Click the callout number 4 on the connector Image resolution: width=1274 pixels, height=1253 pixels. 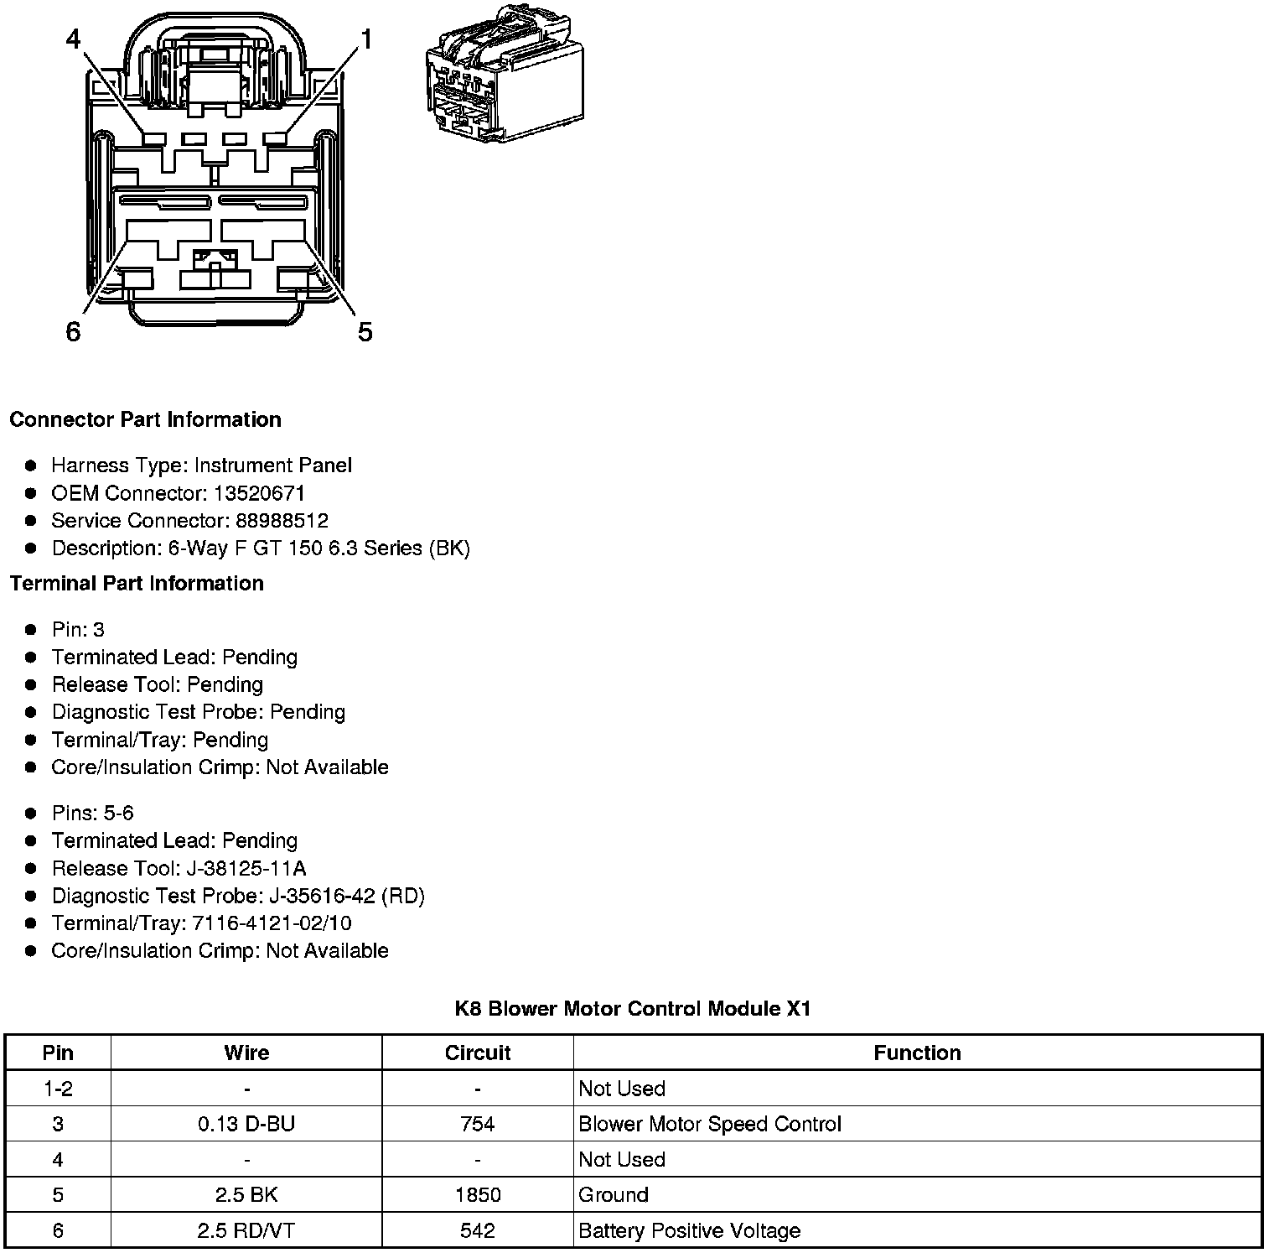click(x=74, y=39)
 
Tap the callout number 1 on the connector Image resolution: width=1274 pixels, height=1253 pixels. click(x=366, y=39)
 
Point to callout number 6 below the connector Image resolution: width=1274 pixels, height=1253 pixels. click(x=73, y=332)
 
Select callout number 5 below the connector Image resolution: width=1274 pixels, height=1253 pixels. click(x=365, y=332)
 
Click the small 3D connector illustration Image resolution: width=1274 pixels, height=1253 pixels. click(x=505, y=75)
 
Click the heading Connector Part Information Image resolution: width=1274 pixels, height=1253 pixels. click(x=145, y=419)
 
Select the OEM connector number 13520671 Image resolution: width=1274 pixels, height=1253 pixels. click(x=259, y=493)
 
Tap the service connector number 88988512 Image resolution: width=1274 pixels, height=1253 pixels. click(x=282, y=521)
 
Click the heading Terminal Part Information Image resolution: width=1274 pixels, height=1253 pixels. click(x=137, y=583)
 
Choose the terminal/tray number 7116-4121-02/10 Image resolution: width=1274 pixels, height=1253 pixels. click(x=272, y=923)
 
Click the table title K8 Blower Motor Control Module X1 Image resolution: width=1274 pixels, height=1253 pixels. click(x=633, y=1008)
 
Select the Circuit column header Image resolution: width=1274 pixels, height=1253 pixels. click(x=478, y=1053)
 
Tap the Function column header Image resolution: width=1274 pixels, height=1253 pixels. click(x=917, y=1053)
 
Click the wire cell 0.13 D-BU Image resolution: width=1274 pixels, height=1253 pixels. click(x=246, y=1124)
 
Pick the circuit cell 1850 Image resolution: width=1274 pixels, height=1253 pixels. click(x=478, y=1195)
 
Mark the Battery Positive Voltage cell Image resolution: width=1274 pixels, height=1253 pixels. click(x=689, y=1230)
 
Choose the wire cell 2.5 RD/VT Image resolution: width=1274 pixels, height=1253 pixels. click(x=246, y=1230)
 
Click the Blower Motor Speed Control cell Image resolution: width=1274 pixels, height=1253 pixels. click(x=709, y=1124)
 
